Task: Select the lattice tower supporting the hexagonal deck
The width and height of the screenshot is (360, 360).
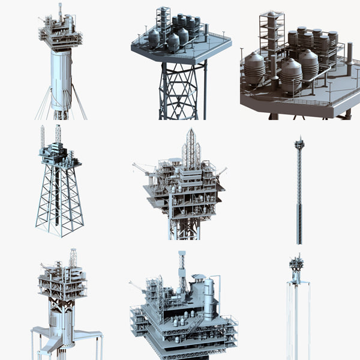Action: pos(178,90)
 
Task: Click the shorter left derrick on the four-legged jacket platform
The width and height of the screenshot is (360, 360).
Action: pos(43,137)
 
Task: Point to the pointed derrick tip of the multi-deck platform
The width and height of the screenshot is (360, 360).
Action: pos(191,133)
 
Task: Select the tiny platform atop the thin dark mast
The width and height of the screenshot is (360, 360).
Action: pos(299,142)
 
